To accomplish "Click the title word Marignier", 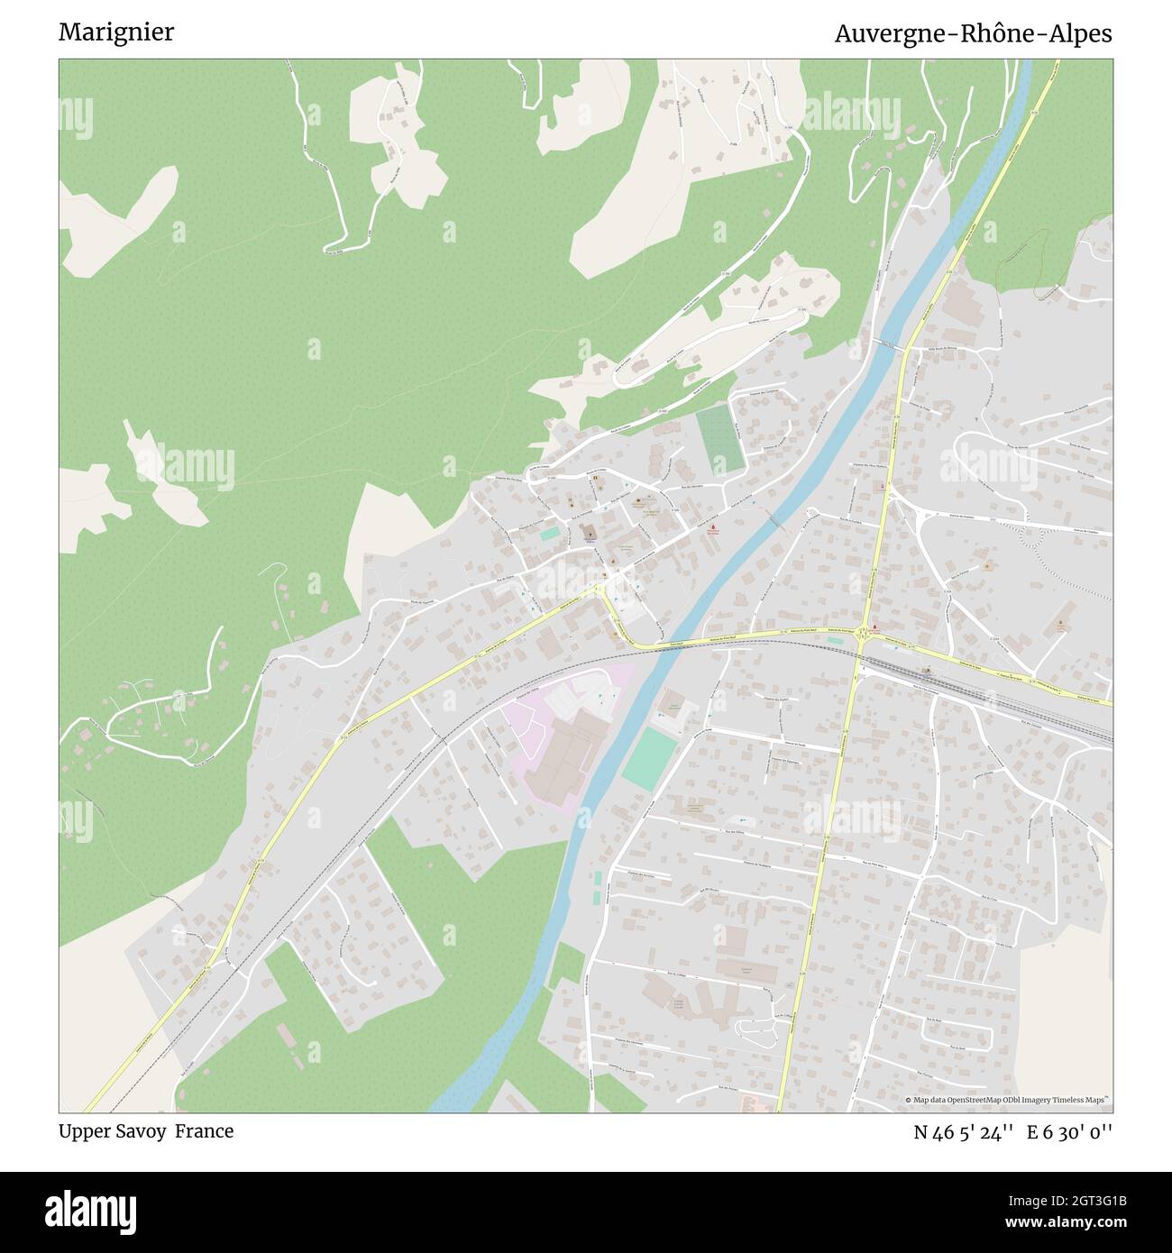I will point(116,32).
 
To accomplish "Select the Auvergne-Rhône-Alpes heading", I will point(973,33).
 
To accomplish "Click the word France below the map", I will point(204,1130).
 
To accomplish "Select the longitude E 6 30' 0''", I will point(1069,1131).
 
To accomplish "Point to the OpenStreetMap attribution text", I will point(1009,1100).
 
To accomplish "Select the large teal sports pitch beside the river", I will point(650,759).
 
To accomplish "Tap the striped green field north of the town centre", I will point(721,439).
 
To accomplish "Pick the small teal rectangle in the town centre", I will point(549,534).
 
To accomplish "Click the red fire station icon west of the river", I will point(713,526).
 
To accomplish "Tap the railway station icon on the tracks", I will point(928,670).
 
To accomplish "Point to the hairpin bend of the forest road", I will point(328,245).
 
